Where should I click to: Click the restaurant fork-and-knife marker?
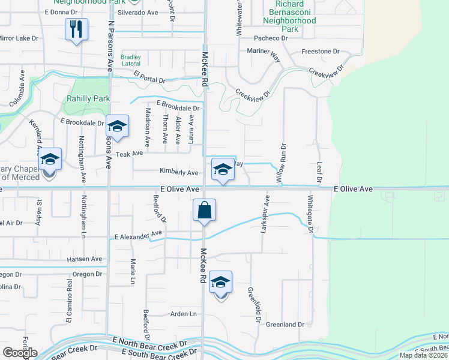pos(76,29)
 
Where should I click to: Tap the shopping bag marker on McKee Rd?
pos(204,211)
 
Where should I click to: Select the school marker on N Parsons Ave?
pos(117,127)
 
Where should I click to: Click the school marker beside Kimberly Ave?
pos(223,169)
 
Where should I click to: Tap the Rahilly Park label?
pos(88,98)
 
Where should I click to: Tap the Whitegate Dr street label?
pos(311,214)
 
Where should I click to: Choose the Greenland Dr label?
pos(285,325)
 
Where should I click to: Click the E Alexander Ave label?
pos(139,235)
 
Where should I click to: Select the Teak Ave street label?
pos(130,154)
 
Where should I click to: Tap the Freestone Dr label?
pos(321,52)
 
